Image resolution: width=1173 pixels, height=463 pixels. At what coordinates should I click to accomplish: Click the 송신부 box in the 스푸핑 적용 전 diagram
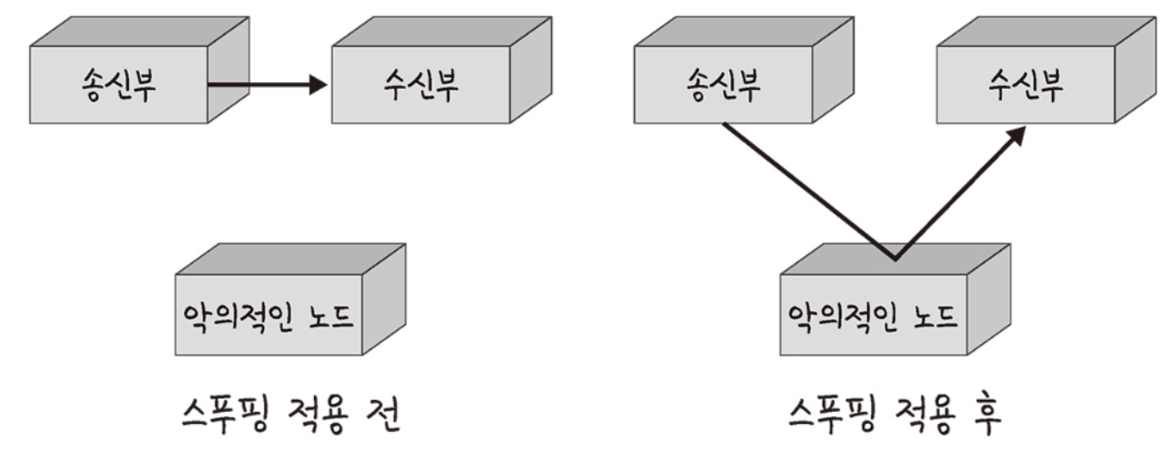point(119,87)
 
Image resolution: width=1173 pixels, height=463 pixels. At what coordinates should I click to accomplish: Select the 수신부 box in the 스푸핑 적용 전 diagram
point(420,87)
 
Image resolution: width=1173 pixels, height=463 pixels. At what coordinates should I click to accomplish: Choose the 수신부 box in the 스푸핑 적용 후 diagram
point(1026,87)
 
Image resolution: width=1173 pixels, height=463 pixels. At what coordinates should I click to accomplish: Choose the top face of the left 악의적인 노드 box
point(290,260)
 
